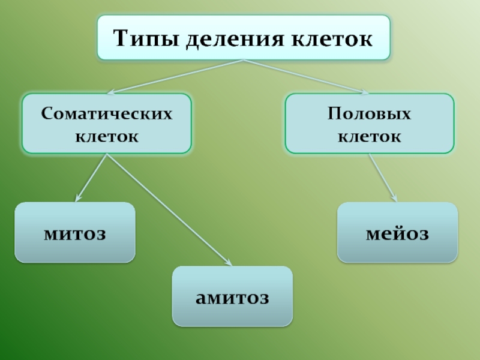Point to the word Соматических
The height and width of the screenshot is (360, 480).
[x=107, y=113]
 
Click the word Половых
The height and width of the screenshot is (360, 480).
[x=369, y=113]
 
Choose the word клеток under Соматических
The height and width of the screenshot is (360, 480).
[x=107, y=136]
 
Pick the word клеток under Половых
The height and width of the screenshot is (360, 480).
[x=369, y=136]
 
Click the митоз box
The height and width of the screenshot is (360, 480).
[x=74, y=232]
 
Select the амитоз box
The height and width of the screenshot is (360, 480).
[x=232, y=296]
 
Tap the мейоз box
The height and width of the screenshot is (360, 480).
[x=397, y=232]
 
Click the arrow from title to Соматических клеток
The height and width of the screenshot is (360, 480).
[x=174, y=77]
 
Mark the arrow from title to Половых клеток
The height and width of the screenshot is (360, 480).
[x=306, y=77]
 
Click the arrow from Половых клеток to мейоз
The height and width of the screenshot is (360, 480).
[x=383, y=177]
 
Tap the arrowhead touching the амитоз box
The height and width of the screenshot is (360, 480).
[x=228, y=262]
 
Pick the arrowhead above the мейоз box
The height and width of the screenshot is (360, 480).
[x=395, y=198]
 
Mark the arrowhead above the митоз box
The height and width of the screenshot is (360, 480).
[x=78, y=199]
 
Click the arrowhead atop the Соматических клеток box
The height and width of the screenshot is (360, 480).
[x=110, y=92]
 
